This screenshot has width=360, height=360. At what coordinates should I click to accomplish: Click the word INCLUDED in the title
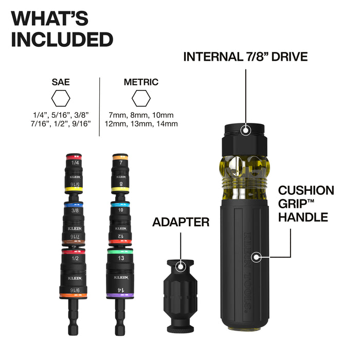(x=62, y=39)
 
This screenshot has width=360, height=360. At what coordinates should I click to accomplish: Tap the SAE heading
(x=61, y=82)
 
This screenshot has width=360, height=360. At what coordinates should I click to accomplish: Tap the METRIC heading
(x=141, y=82)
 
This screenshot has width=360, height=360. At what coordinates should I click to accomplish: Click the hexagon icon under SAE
(x=61, y=97)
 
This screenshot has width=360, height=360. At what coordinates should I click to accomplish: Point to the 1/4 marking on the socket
(x=76, y=163)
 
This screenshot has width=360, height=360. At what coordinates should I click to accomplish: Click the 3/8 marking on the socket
(x=76, y=210)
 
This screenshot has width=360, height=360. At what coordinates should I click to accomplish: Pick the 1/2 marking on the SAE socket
(x=76, y=259)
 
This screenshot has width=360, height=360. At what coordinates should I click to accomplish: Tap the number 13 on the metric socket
(x=120, y=259)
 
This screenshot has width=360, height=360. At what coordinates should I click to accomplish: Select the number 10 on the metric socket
(x=120, y=210)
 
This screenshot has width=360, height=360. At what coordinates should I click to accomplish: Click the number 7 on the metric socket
(x=120, y=163)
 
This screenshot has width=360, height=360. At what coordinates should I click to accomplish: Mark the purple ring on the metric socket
(x=120, y=295)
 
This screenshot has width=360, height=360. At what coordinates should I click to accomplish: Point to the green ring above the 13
(x=120, y=251)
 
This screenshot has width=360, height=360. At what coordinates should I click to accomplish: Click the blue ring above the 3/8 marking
(x=76, y=204)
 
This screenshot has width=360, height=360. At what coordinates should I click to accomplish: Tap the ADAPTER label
(x=181, y=222)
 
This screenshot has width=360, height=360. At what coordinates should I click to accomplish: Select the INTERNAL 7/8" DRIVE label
(x=245, y=57)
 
